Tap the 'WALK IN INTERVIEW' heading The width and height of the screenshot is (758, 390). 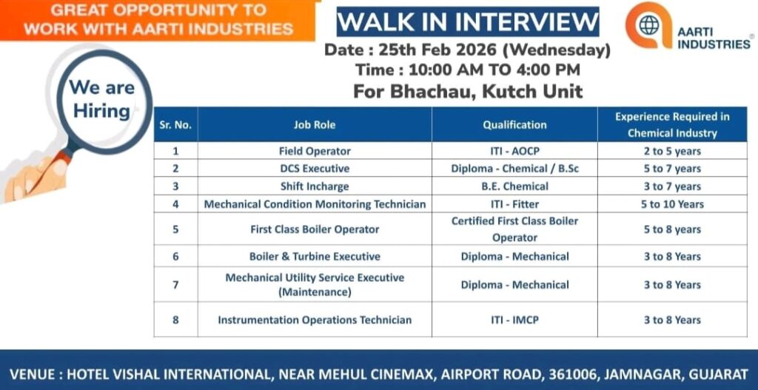468,21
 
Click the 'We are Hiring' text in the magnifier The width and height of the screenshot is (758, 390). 101,99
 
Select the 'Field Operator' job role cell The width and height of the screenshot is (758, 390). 315,151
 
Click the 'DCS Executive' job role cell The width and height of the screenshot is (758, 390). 315,169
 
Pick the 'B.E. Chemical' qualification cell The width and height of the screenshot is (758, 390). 514,186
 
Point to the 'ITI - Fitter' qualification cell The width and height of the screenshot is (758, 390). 514,204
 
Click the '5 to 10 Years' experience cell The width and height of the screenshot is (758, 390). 672,204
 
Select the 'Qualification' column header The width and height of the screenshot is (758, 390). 514,125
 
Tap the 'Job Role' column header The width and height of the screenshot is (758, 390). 315,125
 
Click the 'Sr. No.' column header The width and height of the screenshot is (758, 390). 175,125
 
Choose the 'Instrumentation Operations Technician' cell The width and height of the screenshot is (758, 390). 315,320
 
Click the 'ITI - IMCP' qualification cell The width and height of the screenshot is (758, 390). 514,320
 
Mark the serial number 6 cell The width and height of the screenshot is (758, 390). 175,257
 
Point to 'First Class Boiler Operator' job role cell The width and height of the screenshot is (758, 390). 315,229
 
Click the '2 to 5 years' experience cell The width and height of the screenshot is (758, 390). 672,151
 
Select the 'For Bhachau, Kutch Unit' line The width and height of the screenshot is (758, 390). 468,92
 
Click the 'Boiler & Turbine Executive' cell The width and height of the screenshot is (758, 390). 315,257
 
